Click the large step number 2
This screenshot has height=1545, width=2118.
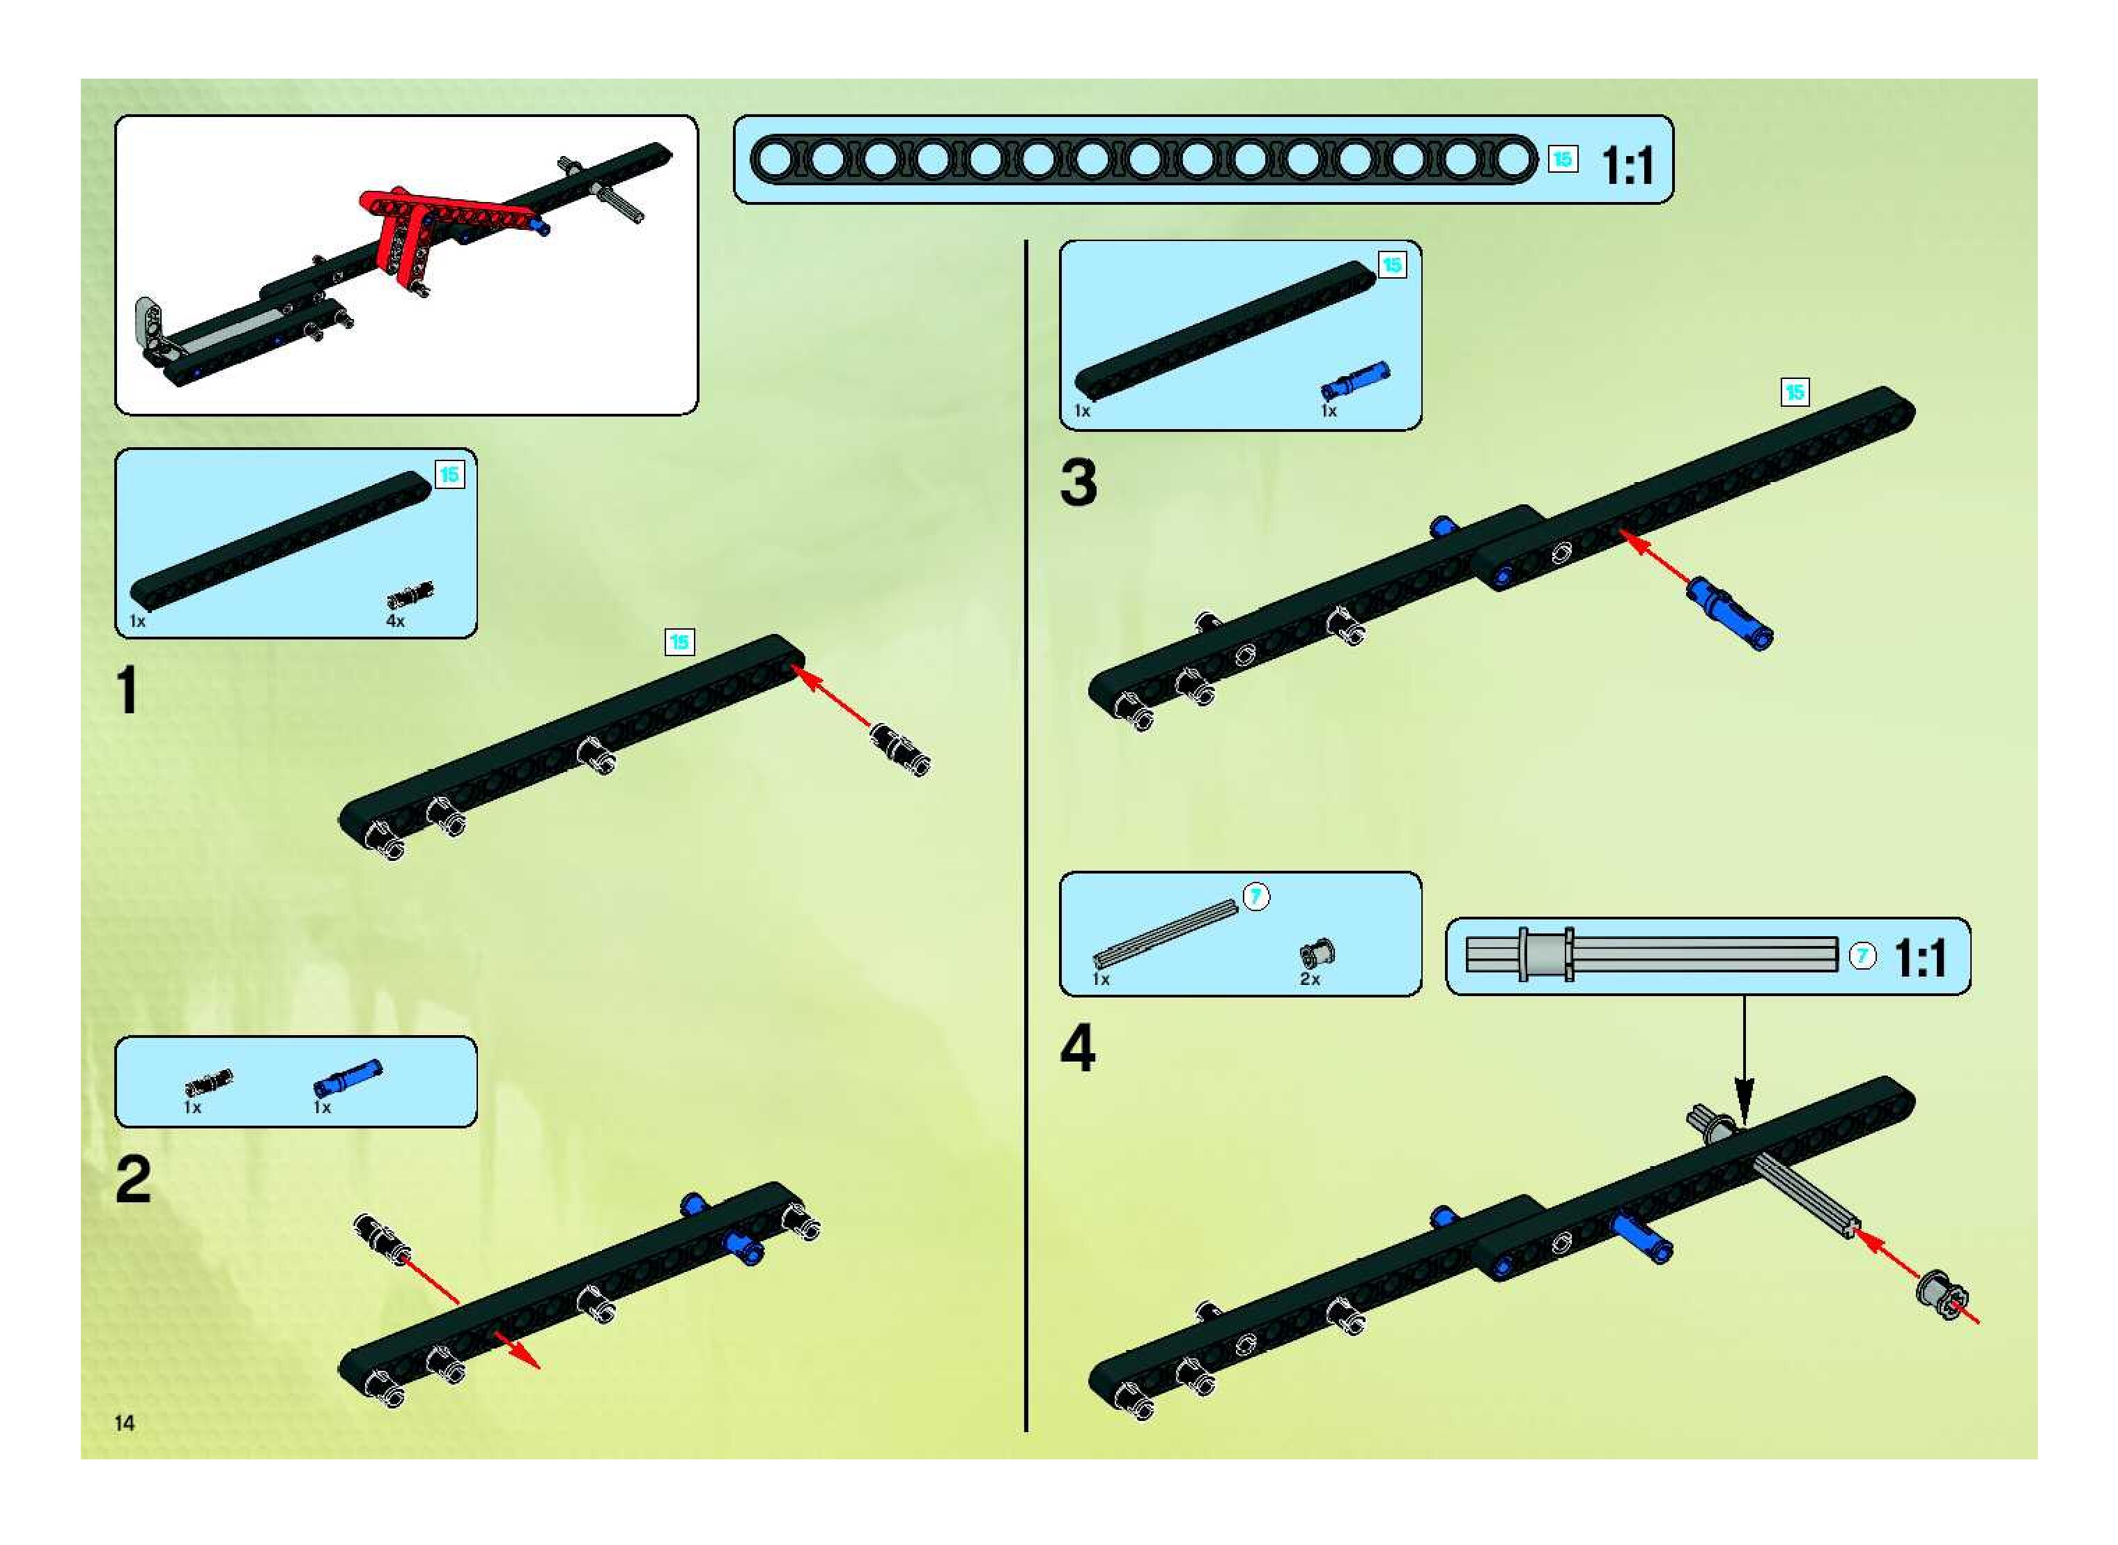[x=133, y=1180]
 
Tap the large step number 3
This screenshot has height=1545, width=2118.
[x=1078, y=483]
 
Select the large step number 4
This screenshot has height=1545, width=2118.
[x=1078, y=1048]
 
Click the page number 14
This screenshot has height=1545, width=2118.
[x=125, y=1422]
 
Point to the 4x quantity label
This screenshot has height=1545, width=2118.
[x=396, y=621]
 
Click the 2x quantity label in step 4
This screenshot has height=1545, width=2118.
[x=1310, y=979]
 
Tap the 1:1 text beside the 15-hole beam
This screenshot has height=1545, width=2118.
[x=1628, y=166]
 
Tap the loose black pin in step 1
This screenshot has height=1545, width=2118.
[x=899, y=747]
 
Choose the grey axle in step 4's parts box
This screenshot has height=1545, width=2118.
[x=1166, y=931]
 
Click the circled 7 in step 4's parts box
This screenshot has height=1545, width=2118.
[x=1256, y=896]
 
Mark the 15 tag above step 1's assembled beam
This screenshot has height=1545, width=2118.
[x=679, y=642]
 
